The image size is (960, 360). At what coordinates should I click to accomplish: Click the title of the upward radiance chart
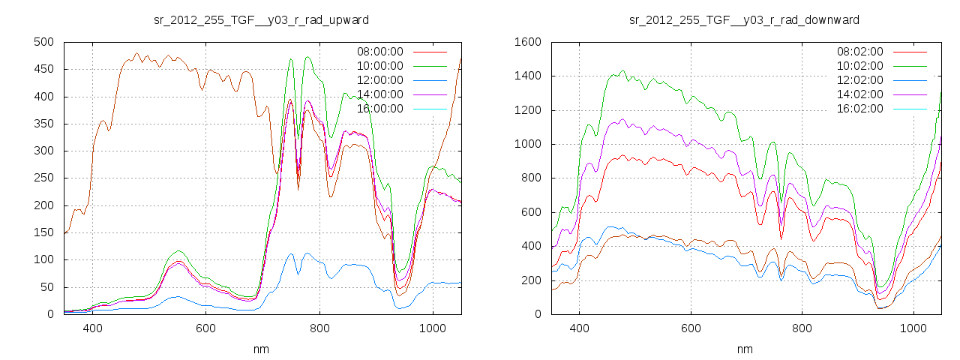pyautogui.click(x=261, y=19)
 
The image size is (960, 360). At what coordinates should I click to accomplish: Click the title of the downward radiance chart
pyautogui.click(x=745, y=19)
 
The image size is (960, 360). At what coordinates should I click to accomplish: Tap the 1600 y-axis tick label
pyautogui.click(x=528, y=42)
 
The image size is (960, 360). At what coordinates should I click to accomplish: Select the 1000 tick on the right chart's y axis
pyautogui.click(x=528, y=144)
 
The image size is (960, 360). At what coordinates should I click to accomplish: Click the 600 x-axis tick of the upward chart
pyautogui.click(x=206, y=328)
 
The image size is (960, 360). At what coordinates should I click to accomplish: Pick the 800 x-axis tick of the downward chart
pyautogui.click(x=802, y=328)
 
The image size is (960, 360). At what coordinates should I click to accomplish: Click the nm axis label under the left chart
pyautogui.click(x=261, y=349)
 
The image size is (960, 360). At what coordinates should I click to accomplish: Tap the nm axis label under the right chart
pyautogui.click(x=745, y=349)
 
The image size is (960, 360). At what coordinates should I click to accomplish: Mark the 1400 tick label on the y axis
pyautogui.click(x=528, y=76)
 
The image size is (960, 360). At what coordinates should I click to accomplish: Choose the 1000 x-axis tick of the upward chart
pyautogui.click(x=433, y=328)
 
